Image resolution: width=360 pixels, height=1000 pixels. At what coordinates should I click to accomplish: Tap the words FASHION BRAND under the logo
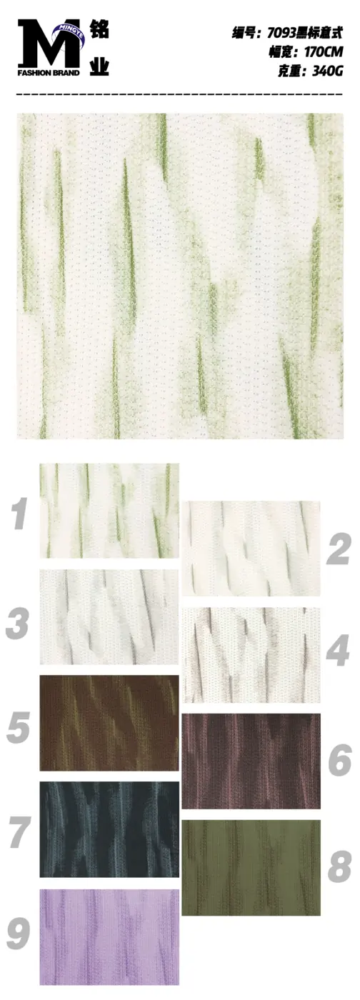(x=49, y=73)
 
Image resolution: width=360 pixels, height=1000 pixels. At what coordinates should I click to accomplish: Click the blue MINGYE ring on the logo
(x=69, y=32)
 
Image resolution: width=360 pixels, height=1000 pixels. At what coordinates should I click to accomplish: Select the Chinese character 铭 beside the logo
(x=99, y=29)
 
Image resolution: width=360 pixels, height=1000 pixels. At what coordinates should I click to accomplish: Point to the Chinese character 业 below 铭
(x=99, y=66)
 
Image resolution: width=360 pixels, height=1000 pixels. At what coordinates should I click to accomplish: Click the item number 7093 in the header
(x=281, y=33)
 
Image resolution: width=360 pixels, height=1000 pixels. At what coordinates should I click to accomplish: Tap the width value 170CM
(x=324, y=52)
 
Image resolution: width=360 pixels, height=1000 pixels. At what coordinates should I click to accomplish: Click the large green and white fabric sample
(x=180, y=276)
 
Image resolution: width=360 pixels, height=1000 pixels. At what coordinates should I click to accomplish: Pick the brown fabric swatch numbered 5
(x=109, y=723)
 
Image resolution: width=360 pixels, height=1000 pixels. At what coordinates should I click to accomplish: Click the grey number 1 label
(x=19, y=514)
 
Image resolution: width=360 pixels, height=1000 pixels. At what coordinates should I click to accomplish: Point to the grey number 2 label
(x=338, y=549)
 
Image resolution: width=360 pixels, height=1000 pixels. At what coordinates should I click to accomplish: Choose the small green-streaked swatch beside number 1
(x=109, y=510)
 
